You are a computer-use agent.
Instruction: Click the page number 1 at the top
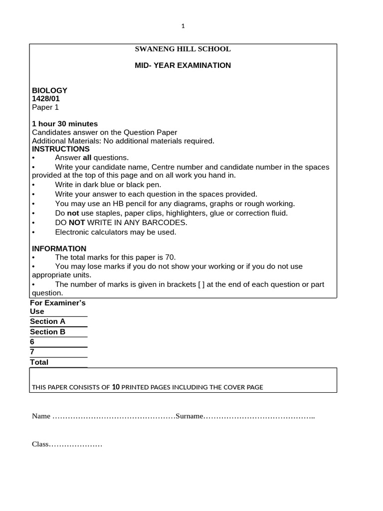click(183, 26)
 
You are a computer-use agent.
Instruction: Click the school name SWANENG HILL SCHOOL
click(183, 49)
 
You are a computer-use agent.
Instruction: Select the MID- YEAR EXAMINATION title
click(183, 65)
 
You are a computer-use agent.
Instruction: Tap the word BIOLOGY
click(49, 90)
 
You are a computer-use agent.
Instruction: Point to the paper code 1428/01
click(46, 99)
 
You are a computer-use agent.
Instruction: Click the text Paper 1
click(45, 107)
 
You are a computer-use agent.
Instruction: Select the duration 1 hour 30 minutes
click(65, 124)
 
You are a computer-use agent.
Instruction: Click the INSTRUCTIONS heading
click(61, 149)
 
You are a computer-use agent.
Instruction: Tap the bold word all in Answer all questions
click(87, 158)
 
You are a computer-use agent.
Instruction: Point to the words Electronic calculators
click(91, 232)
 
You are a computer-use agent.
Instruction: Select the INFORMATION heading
click(59, 249)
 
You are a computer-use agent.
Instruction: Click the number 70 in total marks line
click(170, 257)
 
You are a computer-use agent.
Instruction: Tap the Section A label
click(47, 321)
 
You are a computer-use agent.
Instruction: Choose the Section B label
click(47, 332)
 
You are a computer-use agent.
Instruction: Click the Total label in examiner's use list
click(39, 362)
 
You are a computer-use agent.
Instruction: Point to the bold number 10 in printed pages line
click(116, 387)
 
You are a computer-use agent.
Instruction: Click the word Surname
click(188, 416)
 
